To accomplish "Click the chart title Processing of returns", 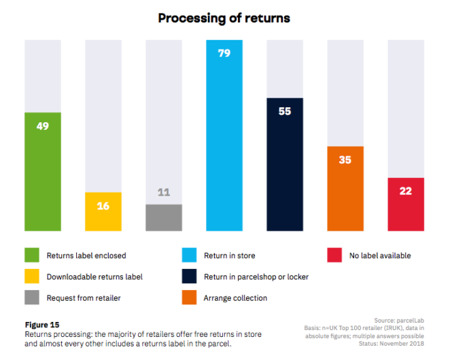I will (x=224, y=18).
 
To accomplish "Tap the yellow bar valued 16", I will (x=103, y=211).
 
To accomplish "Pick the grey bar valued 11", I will (x=164, y=217).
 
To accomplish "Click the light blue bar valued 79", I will (x=224, y=136).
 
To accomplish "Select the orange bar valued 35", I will (x=345, y=188).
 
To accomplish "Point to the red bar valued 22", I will (x=406, y=204).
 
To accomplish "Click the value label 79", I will (x=224, y=53).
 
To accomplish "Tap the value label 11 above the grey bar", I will (x=164, y=192).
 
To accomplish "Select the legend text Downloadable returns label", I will (x=94, y=276).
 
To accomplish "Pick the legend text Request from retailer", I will (x=84, y=298).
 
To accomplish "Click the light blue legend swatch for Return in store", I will (x=190, y=255).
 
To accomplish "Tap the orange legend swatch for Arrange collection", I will (x=190, y=298).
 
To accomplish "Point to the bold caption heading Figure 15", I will (x=41, y=325).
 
